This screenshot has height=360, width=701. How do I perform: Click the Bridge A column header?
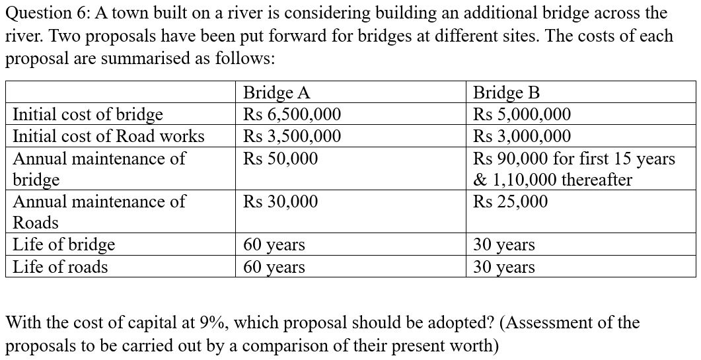(276, 92)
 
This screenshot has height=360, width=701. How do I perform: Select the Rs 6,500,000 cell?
(292, 114)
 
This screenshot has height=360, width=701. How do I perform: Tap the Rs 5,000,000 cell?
(522, 114)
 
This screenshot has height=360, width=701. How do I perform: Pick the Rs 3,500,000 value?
(292, 136)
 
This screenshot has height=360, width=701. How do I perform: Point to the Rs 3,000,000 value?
(522, 136)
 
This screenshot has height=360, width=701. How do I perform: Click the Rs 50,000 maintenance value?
(280, 159)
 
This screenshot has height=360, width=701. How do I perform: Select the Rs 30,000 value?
(280, 201)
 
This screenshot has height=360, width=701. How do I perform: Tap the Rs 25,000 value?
(510, 201)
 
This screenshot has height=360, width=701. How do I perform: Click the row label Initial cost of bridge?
(88, 114)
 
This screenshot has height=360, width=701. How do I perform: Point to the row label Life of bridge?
(64, 244)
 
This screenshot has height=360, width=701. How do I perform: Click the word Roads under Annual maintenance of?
(36, 223)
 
